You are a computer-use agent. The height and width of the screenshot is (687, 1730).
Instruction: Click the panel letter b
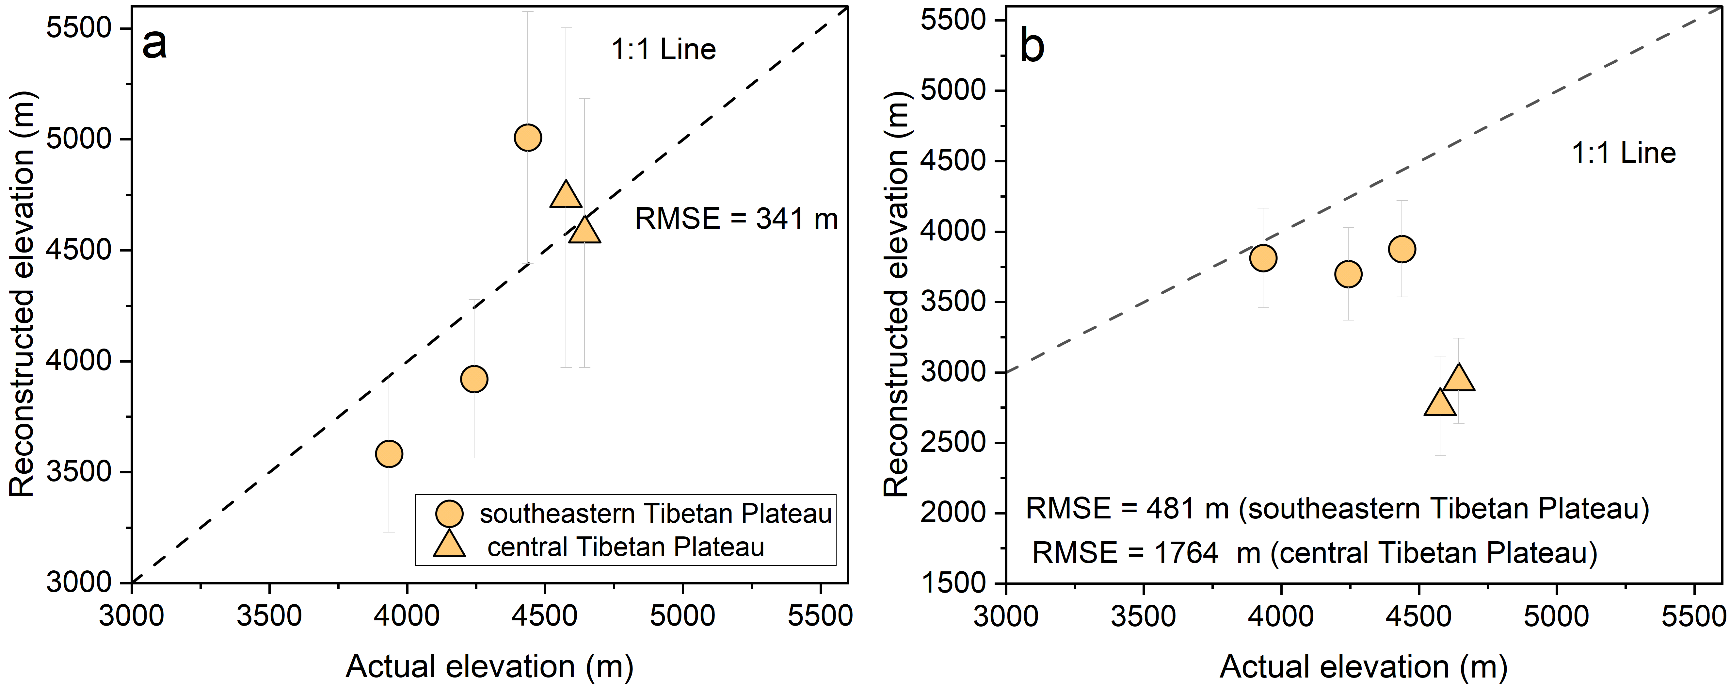[1032, 47]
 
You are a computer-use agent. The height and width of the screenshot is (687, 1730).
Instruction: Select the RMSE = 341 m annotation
[736, 219]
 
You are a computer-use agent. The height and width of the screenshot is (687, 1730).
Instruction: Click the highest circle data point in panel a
[528, 138]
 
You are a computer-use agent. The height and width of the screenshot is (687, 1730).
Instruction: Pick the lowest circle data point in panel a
[389, 454]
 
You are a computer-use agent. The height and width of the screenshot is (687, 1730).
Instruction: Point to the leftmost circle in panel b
[1263, 258]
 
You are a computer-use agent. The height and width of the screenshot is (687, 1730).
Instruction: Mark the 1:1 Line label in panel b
[1623, 153]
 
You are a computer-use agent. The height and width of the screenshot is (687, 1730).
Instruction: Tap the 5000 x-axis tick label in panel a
[682, 615]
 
